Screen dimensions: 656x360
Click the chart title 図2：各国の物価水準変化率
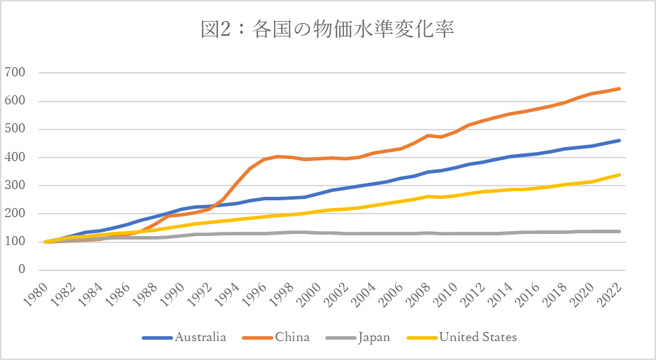click(x=327, y=29)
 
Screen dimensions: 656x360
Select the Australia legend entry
click(x=184, y=338)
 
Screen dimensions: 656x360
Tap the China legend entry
click(x=276, y=338)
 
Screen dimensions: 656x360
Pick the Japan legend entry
click(x=357, y=338)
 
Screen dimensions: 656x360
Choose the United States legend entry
click(x=462, y=338)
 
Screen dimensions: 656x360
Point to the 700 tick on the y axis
click(x=15, y=72)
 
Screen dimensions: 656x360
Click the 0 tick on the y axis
click(x=22, y=269)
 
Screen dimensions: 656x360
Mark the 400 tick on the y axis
click(x=15, y=157)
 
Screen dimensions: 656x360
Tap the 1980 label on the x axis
click(x=35, y=294)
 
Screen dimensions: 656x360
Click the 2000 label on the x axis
click(x=309, y=294)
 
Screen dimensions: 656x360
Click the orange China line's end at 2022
click(x=619, y=89)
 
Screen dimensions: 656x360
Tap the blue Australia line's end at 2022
click(x=619, y=141)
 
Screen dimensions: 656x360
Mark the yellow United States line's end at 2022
click(x=619, y=175)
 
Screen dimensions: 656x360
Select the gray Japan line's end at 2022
click(x=619, y=231)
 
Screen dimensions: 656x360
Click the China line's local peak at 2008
click(x=428, y=135)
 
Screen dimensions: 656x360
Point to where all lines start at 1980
click(x=45, y=242)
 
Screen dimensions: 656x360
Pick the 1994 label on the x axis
click(x=227, y=294)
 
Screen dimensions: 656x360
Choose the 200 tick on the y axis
click(x=15, y=213)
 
